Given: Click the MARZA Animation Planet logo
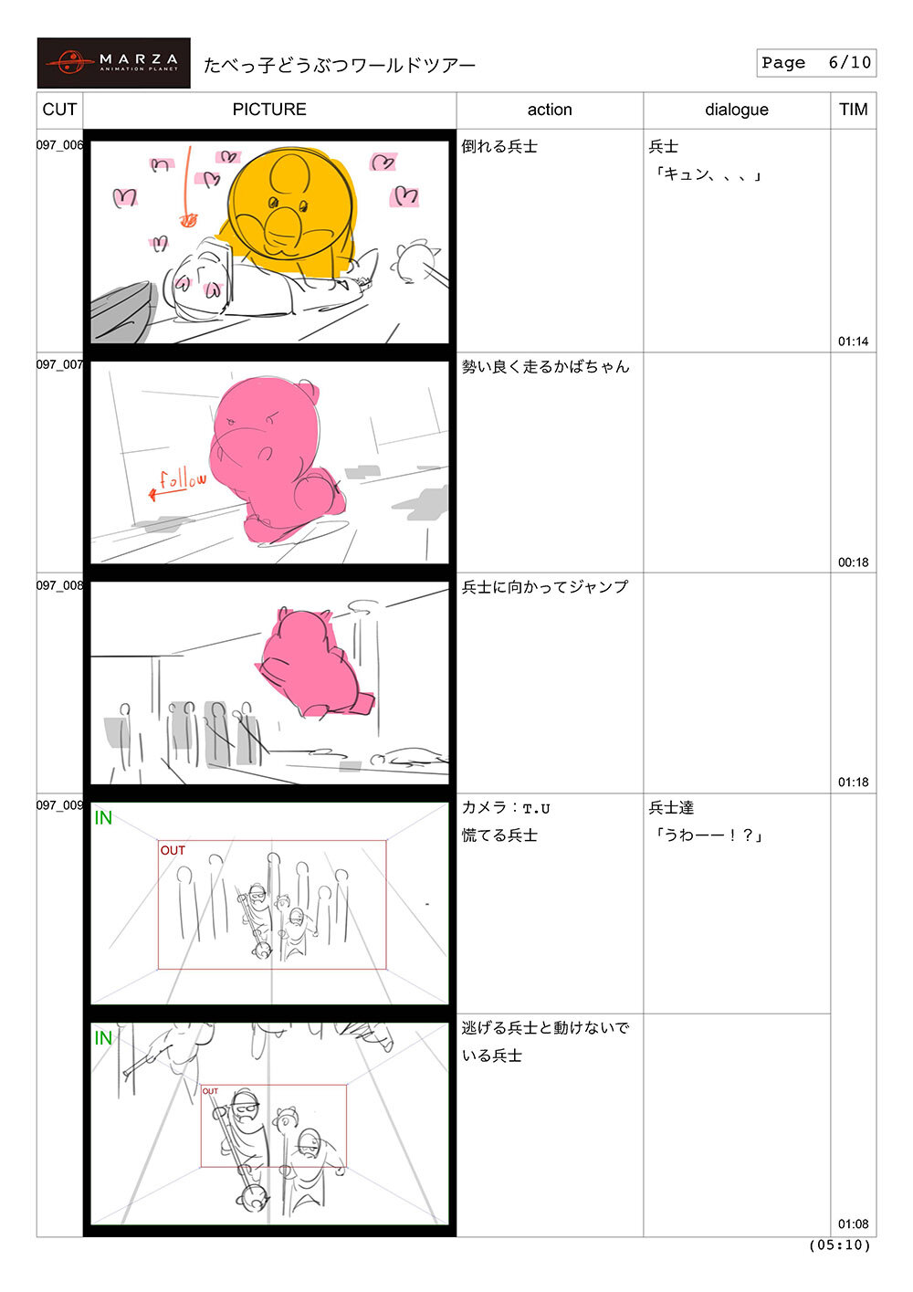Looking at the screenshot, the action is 113,63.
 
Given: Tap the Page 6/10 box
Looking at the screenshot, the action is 815,63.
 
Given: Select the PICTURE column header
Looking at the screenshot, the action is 269,110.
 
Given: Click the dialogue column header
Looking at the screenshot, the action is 737,110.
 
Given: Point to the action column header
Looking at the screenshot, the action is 550,110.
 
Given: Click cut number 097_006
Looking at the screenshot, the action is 60,145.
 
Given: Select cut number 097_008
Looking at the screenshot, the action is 60,585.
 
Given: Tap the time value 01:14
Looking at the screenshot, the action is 853,341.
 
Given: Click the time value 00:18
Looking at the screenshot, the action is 853,562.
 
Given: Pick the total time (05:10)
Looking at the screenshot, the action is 839,1245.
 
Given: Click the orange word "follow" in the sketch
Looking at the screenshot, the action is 183,480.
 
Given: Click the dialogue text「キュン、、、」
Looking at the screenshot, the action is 707,174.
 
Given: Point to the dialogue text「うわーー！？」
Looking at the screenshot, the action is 707,835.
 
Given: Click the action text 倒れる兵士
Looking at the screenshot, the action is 499,146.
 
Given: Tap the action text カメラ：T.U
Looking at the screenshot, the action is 506,807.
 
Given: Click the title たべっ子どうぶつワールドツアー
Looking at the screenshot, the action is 340,65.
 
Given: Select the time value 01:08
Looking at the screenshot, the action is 853,1224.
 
